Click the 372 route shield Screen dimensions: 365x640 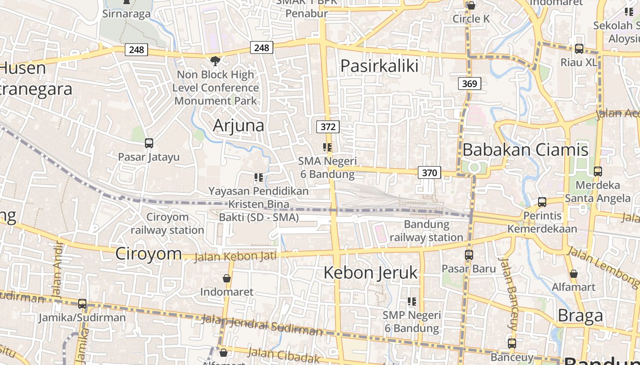coord(328,127)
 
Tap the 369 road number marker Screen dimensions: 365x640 coord(469,83)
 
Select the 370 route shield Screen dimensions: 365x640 coord(429,172)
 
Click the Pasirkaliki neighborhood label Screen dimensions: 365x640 coord(379,66)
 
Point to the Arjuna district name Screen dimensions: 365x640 coord(239,125)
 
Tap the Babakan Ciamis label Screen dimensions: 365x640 coord(525,150)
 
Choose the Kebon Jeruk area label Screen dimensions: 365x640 coord(371,273)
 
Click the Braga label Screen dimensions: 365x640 coord(580,316)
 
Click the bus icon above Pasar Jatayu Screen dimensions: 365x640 coord(149,143)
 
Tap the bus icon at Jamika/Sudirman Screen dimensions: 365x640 coord(82,303)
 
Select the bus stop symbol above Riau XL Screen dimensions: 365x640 coord(579,49)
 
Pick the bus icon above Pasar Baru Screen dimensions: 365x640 coord(469,255)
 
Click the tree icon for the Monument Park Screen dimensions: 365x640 coord(215,61)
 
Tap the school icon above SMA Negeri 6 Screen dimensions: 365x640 coord(327,147)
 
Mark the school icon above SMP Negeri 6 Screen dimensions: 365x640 coord(412,302)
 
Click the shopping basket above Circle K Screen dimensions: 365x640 coord(471,5)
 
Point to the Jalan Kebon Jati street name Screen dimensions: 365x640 coord(235,256)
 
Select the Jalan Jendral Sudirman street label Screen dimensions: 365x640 coord(262,325)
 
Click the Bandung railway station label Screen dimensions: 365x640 coord(427,231)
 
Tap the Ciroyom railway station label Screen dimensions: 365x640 coord(167,224)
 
